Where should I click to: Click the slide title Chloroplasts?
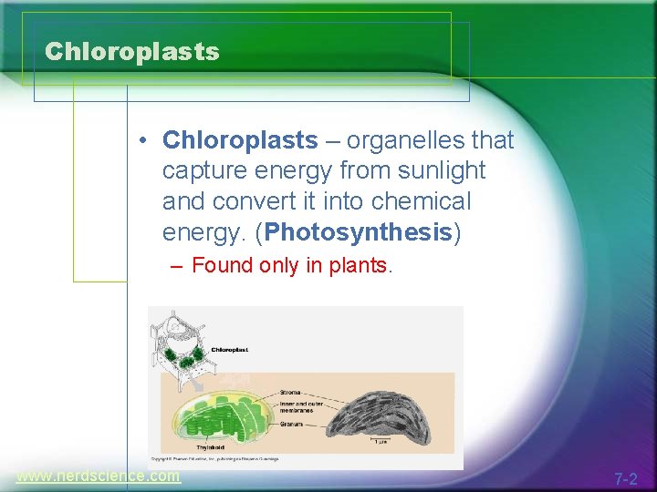[132, 52]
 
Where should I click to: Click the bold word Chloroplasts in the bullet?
[240, 140]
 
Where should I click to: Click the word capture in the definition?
[200, 170]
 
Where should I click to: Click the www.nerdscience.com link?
[98, 476]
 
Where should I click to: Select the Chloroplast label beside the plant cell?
[229, 349]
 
